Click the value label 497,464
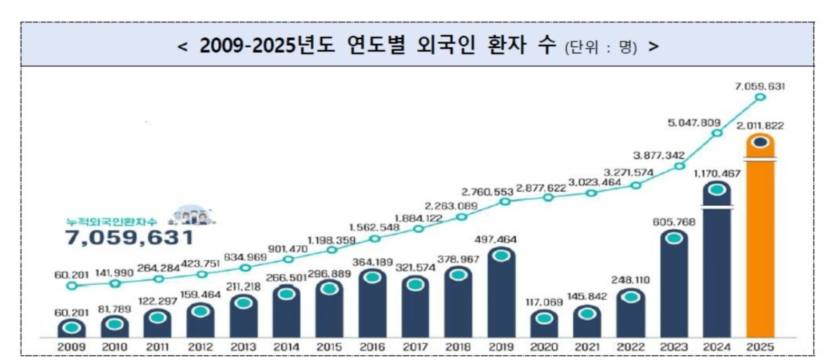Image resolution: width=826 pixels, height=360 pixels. click(501, 239)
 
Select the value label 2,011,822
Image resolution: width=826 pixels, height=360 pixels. click(759, 126)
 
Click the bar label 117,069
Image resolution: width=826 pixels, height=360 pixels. click(544, 301)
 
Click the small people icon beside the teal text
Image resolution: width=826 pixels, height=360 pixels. click(191, 215)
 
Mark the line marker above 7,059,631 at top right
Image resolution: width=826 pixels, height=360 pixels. click(760, 97)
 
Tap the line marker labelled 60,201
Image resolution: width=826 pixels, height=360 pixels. click(72, 285)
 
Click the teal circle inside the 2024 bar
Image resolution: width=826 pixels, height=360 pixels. click(717, 189)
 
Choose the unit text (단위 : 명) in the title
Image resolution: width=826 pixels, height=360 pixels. click(601, 47)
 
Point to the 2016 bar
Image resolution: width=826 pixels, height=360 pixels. click(373, 303)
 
